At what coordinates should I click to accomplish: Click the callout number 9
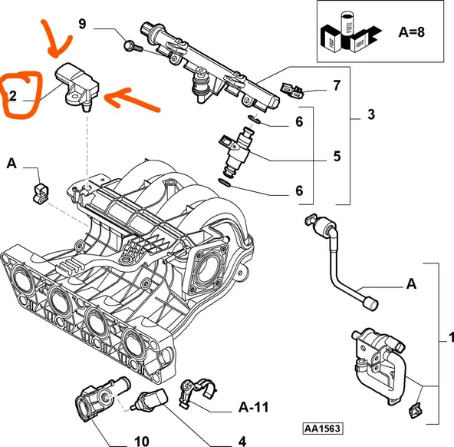pos(83,24)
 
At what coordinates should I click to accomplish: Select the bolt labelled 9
pos(133,46)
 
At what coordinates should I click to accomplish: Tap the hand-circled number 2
pos(13,96)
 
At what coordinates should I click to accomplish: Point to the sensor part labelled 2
pos(78,86)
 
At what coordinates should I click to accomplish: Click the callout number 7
pos(337,85)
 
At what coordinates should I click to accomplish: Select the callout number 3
pos(371,114)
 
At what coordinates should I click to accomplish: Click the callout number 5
pos(337,156)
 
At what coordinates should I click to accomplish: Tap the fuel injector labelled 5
pos(236,152)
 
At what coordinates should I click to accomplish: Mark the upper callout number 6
pos(299,122)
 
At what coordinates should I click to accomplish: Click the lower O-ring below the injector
pos(225,183)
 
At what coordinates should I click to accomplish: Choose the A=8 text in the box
pos(411,32)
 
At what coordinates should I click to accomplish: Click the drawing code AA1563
pos(323,428)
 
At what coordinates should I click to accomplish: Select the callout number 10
pos(142,441)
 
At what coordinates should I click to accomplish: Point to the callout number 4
pos(242,441)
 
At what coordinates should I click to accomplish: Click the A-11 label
pos(254,407)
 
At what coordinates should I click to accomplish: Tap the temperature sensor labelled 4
pos(149,399)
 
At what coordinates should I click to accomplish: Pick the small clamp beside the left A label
pos(41,193)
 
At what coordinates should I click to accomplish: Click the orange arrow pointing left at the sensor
pos(132,99)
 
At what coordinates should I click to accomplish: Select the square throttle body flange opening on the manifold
pos(206,268)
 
